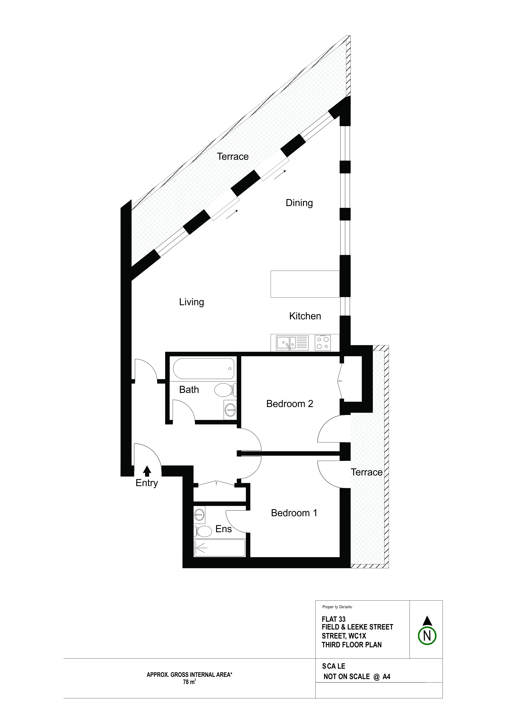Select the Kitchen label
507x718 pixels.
tap(305, 316)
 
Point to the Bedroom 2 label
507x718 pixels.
tap(290, 404)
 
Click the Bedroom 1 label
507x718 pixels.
tap(294, 513)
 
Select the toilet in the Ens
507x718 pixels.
tap(203, 531)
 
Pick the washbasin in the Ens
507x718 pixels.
tap(199, 514)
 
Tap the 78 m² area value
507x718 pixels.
tap(189, 682)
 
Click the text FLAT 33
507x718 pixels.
tap(334, 619)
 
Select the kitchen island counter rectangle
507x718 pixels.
tap(305, 284)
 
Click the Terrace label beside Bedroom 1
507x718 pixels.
tap(366, 472)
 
